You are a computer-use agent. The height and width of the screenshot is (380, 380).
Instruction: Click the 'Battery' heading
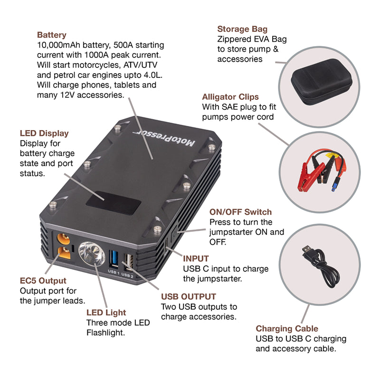51,35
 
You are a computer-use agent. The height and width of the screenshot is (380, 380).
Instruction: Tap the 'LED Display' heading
44,133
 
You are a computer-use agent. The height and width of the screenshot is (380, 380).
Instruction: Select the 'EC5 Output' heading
43,281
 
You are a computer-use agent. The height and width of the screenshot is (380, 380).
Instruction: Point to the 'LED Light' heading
106,313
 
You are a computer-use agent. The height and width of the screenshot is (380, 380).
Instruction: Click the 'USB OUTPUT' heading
189,296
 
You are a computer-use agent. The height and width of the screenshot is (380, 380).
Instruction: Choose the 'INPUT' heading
196,259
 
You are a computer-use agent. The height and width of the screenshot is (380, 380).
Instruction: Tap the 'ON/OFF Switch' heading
240,212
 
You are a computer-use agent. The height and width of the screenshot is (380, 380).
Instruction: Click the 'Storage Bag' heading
242,29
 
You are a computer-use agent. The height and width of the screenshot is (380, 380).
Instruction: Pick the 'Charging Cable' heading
287,329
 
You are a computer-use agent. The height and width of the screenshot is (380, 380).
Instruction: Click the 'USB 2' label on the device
128,274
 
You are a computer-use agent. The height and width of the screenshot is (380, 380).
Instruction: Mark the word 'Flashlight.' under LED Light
105,333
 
